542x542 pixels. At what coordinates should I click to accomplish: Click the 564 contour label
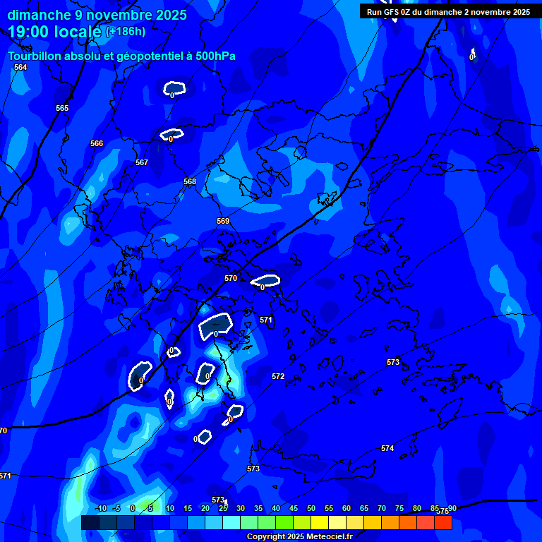click(20, 67)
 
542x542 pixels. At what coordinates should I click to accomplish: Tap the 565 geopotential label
click(62, 108)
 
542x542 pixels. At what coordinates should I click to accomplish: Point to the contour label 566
click(97, 143)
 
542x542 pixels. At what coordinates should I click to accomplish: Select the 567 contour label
click(142, 162)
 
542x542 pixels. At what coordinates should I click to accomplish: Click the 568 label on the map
click(190, 181)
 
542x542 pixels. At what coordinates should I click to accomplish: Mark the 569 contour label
click(223, 221)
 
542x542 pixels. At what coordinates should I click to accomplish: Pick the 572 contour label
click(278, 376)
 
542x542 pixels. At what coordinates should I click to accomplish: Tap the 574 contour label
click(387, 448)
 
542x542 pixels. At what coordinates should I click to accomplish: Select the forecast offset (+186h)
click(126, 31)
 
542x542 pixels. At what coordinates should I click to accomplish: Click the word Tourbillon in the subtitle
click(35, 56)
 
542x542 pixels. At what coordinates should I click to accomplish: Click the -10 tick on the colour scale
click(100, 508)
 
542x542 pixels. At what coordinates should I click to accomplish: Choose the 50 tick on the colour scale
click(311, 508)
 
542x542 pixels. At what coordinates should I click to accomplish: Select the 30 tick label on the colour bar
click(241, 508)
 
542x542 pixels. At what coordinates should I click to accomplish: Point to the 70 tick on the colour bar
click(382, 508)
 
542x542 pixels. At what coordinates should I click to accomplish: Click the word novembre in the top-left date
click(121, 15)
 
